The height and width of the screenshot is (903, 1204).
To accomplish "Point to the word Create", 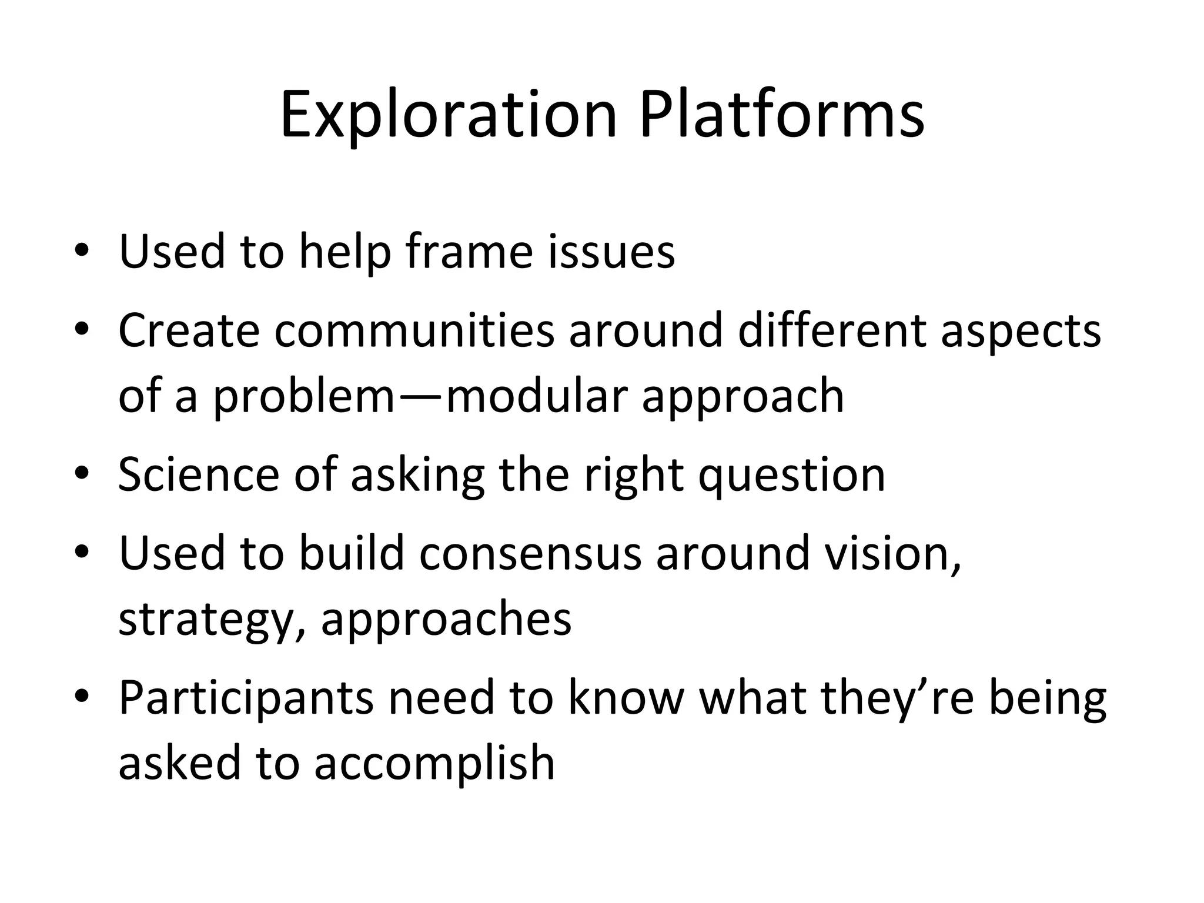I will point(189,330).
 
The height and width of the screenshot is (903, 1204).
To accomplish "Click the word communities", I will point(414,330).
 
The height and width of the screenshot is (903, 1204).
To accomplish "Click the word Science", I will point(199,474).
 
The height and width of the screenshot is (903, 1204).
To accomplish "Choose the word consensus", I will point(530,553).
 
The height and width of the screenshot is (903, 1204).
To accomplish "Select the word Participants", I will point(246,699).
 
